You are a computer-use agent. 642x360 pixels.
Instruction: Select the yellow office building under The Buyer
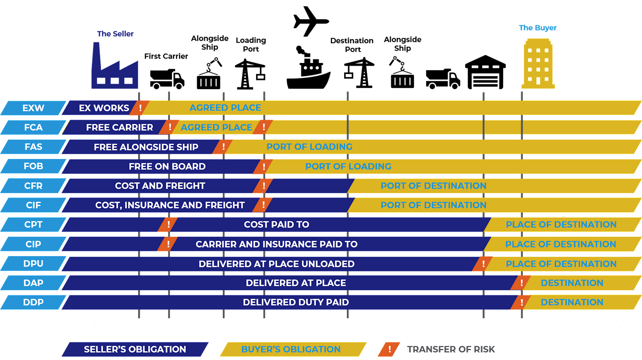tap(538, 63)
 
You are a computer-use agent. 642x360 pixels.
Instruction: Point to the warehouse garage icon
tap(485, 72)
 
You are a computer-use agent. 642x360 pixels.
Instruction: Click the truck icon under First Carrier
tap(167, 79)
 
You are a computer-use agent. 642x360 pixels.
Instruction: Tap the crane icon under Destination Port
tap(359, 73)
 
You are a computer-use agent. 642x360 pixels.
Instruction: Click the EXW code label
tap(33, 108)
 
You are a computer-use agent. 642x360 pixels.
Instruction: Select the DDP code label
tap(33, 302)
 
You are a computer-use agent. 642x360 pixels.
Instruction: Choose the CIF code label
tap(33, 205)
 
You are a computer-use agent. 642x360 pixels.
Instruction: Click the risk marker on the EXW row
tap(140, 108)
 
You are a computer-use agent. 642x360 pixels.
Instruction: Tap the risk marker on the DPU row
tap(483, 264)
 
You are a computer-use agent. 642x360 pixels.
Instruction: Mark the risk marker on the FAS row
tap(223, 147)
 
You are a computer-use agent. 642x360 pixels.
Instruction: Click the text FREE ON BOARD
tap(167, 167)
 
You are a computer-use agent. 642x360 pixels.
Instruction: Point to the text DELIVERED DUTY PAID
tap(296, 302)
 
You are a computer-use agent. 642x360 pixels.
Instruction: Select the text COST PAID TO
tap(277, 224)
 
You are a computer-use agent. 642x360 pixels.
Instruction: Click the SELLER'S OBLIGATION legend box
tap(135, 350)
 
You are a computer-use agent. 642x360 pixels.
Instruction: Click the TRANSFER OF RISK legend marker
tap(389, 350)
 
